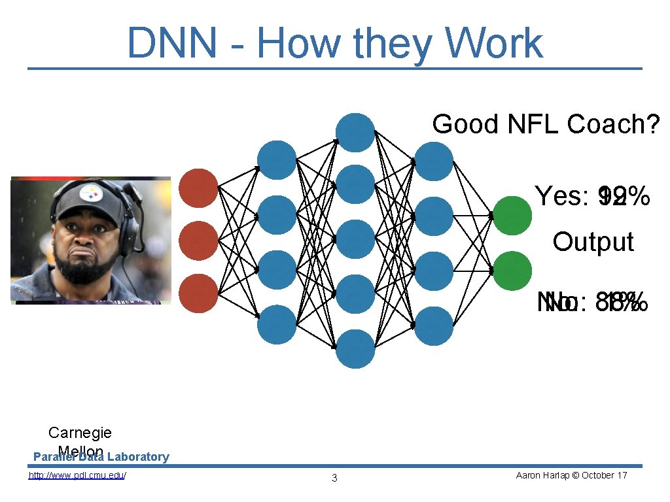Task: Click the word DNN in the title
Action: [171, 43]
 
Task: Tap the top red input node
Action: [198, 188]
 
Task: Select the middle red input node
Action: [198, 241]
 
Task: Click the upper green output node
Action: [512, 216]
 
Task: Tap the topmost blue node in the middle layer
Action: [355, 132]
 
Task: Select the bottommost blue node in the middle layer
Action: [355, 348]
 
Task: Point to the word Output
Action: [593, 242]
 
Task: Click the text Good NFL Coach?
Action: [546, 124]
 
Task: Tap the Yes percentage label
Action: [592, 195]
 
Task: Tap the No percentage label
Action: [592, 303]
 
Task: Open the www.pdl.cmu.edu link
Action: [77, 475]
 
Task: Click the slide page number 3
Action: [334, 478]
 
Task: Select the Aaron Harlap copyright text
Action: [571, 475]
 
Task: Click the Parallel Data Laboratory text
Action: [101, 457]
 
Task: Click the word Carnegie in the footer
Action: [80, 433]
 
